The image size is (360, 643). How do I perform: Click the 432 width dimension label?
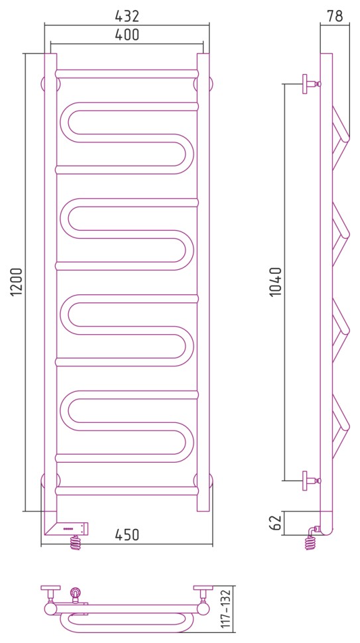click(127, 16)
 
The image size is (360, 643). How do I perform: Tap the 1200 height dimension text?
click(16, 282)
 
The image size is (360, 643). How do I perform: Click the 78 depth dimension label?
click(335, 16)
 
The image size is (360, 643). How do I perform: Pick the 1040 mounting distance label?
click(276, 282)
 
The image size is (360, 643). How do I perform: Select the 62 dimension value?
click(276, 523)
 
